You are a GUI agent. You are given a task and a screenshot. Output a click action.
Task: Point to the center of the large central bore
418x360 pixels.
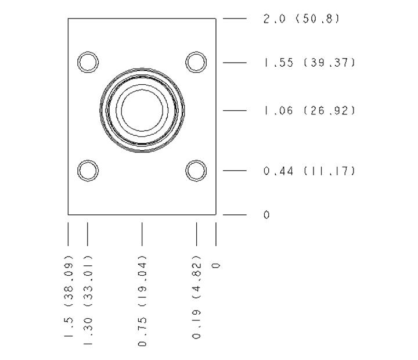point(142,110)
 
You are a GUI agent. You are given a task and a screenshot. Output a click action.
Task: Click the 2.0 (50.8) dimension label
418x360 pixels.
point(301,19)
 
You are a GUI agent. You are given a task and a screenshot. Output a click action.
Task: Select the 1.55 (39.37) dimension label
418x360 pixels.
point(309,63)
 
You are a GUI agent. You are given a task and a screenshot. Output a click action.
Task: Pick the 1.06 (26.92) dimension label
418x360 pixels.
point(309,110)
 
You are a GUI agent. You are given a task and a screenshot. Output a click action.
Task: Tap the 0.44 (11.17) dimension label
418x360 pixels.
point(309,171)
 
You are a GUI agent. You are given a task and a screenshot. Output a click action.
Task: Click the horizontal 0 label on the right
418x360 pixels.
point(266,215)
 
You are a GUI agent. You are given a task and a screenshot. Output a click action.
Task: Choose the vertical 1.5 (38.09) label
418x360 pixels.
point(69,296)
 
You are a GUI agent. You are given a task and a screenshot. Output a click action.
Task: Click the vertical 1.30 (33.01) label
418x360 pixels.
point(88,300)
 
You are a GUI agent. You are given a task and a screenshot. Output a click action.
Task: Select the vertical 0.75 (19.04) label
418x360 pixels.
point(142,301)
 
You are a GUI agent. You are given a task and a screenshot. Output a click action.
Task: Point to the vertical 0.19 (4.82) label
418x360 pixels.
point(196,297)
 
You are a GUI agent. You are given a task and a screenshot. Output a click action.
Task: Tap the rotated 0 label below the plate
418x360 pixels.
point(216,265)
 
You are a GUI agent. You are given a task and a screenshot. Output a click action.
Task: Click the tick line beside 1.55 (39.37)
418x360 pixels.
point(235,63)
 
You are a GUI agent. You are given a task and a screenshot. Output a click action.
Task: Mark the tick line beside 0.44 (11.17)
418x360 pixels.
point(235,171)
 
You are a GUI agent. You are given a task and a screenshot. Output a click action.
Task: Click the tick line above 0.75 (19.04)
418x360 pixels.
point(142,234)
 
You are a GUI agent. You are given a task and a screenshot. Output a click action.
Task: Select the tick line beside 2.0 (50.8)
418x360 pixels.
point(235,19)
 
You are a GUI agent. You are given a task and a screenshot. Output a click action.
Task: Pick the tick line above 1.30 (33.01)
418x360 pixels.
point(88,234)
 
